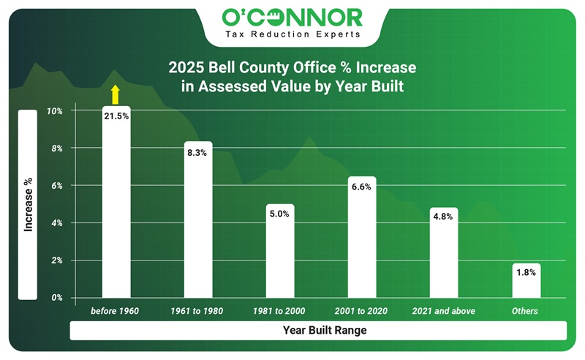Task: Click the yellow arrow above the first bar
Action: tap(115, 94)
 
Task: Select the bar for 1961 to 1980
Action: tap(197, 220)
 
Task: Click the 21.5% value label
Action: tap(116, 116)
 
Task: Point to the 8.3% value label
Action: tap(197, 153)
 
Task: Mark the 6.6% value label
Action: tap(361, 187)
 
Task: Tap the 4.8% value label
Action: tap(444, 217)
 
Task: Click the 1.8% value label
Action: tap(526, 272)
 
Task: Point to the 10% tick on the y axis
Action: tap(55, 111)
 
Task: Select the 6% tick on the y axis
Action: tap(57, 186)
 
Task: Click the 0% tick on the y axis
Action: tap(57, 298)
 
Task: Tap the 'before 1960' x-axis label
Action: tap(115, 312)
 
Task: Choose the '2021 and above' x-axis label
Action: tap(444, 312)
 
